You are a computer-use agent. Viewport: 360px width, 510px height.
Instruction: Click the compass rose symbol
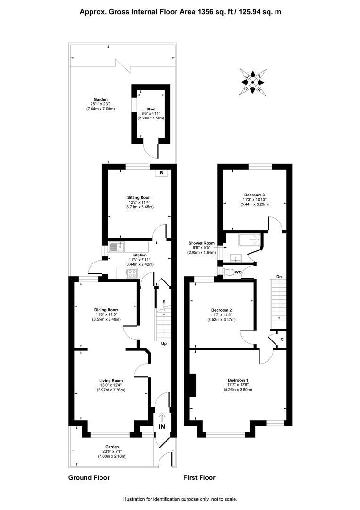click(x=253, y=82)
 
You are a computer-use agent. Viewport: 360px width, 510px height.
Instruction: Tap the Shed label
click(x=151, y=109)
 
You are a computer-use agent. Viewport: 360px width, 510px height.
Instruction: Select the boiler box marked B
click(x=161, y=173)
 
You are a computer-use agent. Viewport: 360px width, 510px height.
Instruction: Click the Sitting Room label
click(x=139, y=197)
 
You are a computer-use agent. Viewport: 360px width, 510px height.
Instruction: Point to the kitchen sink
click(x=117, y=247)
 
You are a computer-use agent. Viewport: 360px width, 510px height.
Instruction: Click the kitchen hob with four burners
click(x=131, y=273)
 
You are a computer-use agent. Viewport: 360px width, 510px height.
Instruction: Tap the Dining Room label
click(x=106, y=310)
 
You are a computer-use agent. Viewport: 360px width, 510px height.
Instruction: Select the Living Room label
click(x=111, y=381)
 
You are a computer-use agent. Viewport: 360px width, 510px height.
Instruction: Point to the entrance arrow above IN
click(x=161, y=417)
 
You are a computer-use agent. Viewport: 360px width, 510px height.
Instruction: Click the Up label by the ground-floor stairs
click(x=164, y=343)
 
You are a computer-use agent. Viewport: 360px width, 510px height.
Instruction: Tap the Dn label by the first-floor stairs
click(x=279, y=277)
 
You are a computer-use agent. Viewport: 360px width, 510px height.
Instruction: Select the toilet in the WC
click(x=228, y=272)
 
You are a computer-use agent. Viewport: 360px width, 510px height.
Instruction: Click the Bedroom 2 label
click(x=221, y=310)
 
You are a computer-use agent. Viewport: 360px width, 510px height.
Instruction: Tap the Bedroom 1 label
click(x=238, y=380)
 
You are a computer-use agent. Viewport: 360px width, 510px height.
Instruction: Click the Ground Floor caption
click(x=89, y=478)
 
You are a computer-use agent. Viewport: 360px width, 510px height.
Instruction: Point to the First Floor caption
click(x=200, y=478)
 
